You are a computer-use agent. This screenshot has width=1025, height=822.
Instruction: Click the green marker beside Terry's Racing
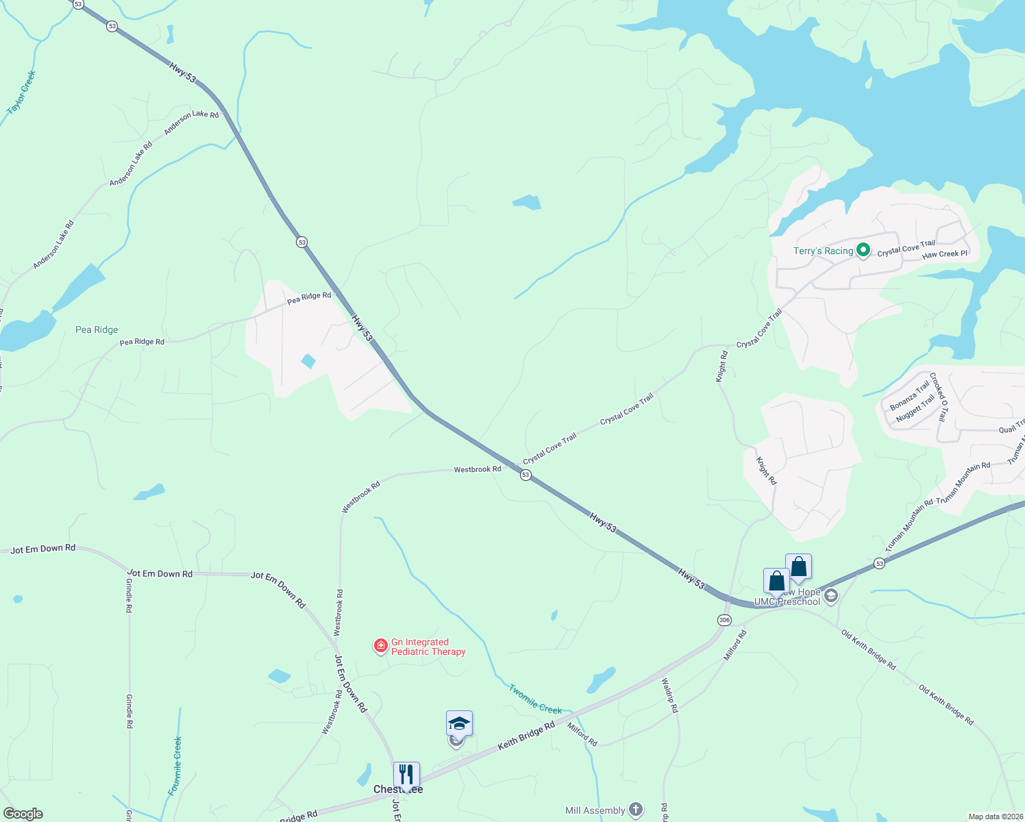click(863, 251)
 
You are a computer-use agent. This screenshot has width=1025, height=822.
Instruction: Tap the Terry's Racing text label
click(823, 251)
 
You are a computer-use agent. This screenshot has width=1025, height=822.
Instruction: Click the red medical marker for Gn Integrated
click(381, 646)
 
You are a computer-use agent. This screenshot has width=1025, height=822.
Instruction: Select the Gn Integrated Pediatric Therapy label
click(428, 647)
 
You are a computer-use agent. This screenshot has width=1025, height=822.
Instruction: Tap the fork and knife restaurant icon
click(406, 775)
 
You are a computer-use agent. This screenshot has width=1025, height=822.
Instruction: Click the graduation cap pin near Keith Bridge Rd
click(459, 723)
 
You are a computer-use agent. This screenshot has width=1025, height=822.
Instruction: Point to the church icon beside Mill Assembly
click(636, 810)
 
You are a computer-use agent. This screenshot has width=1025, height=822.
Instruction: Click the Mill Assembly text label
click(595, 810)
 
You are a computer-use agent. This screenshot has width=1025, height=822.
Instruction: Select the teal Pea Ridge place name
click(97, 329)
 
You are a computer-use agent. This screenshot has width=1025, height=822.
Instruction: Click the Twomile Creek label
click(535, 699)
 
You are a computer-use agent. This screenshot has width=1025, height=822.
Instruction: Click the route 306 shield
click(724, 620)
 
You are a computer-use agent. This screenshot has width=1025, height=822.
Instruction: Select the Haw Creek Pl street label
click(944, 254)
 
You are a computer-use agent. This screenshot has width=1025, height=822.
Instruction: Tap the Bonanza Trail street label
click(909, 396)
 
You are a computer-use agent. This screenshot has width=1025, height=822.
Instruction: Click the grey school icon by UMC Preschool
click(831, 595)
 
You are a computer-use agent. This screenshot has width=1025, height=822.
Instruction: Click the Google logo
click(23, 814)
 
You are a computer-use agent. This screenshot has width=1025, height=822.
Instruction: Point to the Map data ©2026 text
click(995, 817)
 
